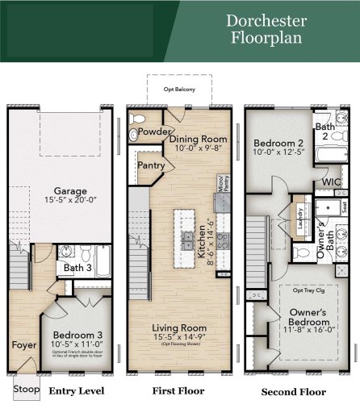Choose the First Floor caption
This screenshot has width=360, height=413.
pyautogui.click(x=178, y=391)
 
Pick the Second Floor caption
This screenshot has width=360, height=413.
pyautogui.click(x=293, y=392)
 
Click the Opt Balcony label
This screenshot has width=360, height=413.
pyautogui.click(x=179, y=89)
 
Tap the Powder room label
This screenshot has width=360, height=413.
pyautogui.click(x=153, y=131)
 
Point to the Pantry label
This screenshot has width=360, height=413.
pyautogui.click(x=152, y=165)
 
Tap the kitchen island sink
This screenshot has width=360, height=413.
pyautogui.click(x=187, y=240)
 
